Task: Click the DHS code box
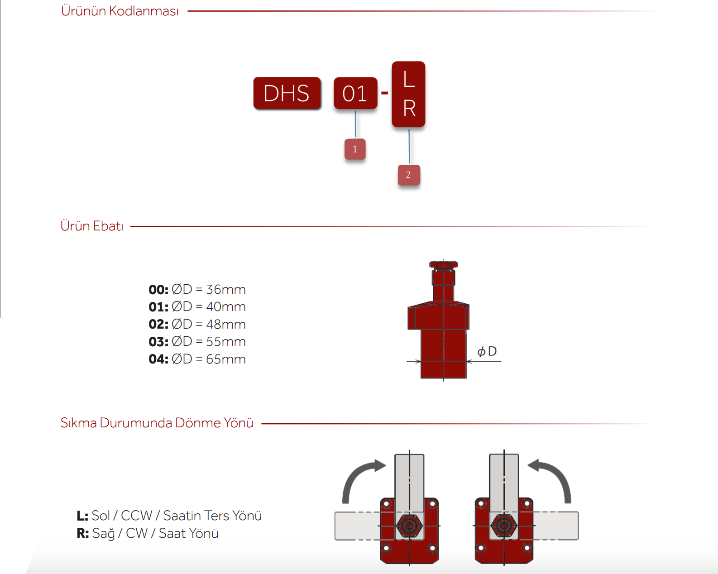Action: pyautogui.click(x=287, y=93)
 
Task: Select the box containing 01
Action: pyautogui.click(x=356, y=93)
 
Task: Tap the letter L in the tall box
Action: pyautogui.click(x=409, y=79)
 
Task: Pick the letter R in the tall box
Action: pyautogui.click(x=409, y=108)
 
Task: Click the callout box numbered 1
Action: pyautogui.click(x=355, y=149)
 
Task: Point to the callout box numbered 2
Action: pyautogui.click(x=409, y=175)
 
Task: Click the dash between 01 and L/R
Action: pyautogui.click(x=385, y=93)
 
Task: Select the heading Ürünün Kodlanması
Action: pyautogui.click(x=120, y=11)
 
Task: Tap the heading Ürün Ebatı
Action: pyautogui.click(x=92, y=226)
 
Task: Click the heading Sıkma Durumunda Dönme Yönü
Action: pyautogui.click(x=157, y=423)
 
